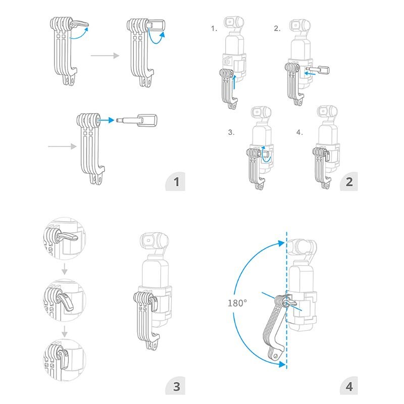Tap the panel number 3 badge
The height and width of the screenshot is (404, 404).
point(176,387)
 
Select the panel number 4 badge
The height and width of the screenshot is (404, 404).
point(349,387)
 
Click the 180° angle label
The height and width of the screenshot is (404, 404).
point(237,303)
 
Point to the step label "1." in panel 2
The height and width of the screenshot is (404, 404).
point(214,29)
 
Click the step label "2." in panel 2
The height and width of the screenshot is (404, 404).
point(277,29)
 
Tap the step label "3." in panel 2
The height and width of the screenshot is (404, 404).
point(231,133)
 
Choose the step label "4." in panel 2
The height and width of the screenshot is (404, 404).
point(299,133)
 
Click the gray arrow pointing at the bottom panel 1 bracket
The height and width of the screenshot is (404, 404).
point(61,147)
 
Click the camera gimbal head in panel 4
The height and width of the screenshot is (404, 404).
point(302,246)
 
